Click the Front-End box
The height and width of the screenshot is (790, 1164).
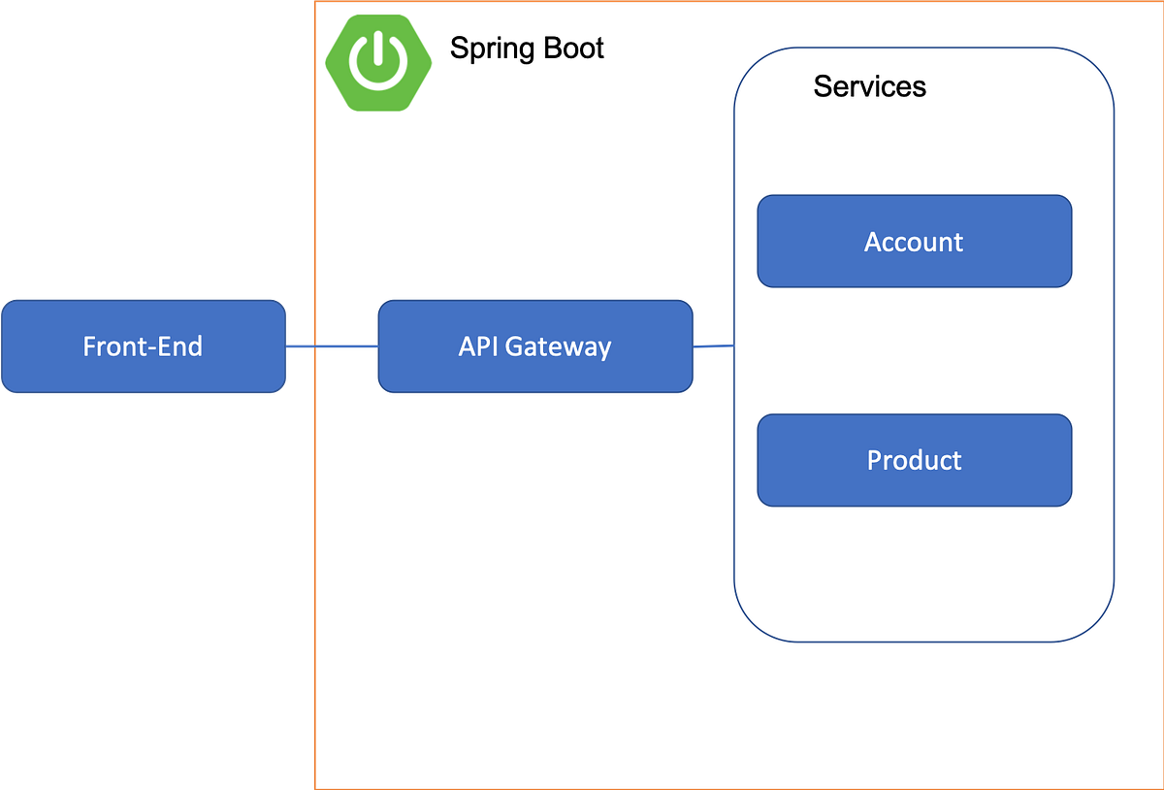tap(144, 347)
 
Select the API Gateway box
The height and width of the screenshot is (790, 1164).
tap(534, 346)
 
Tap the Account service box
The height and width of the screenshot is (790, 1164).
tap(914, 242)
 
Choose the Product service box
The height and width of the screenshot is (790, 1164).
tap(914, 460)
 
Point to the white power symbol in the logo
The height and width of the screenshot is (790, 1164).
tap(378, 61)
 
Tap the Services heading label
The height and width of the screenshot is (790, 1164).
tap(869, 86)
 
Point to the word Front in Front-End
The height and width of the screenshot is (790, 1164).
tap(112, 346)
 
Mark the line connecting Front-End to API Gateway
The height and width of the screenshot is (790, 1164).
tap(344, 346)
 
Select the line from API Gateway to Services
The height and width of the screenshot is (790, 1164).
tap(713, 346)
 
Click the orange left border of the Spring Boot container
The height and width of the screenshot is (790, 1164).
tap(313, 582)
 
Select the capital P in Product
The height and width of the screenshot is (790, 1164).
tap(874, 460)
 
